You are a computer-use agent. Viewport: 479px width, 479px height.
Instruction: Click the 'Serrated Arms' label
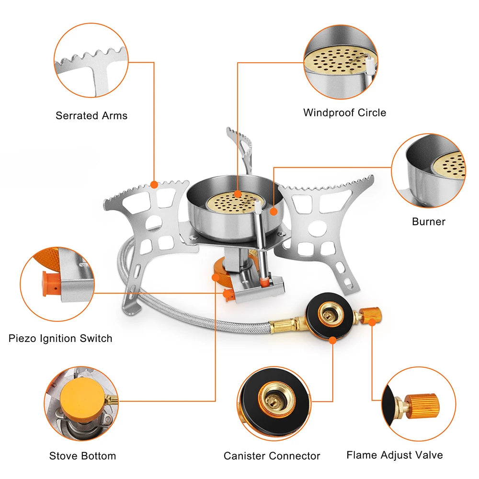[91, 115]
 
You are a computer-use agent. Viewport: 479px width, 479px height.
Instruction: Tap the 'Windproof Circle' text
[344, 113]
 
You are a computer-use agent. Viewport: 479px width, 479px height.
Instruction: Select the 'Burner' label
[428, 221]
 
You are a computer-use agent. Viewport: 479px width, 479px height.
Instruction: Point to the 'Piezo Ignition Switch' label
[60, 338]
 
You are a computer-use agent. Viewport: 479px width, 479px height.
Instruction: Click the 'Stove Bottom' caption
[82, 456]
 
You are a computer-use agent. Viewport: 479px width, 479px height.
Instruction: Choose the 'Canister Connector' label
[272, 456]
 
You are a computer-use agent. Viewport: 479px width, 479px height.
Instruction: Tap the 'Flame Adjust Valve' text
[395, 455]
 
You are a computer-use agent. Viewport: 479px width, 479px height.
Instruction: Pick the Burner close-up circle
[428, 170]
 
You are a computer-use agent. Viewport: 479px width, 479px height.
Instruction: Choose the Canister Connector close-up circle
[274, 403]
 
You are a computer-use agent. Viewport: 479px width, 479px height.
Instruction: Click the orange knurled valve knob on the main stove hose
[370, 316]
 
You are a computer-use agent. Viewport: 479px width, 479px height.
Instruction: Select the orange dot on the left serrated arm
[154, 184]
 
